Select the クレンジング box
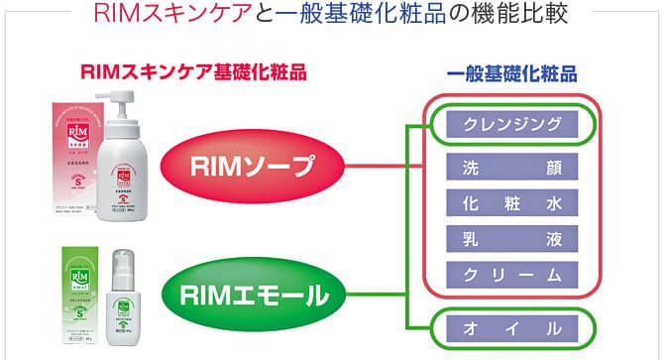coord(505,125)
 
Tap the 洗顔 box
coord(505,167)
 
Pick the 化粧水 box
coord(505,203)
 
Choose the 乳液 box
coord(505,239)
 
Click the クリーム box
coord(505,275)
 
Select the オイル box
coord(505,328)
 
